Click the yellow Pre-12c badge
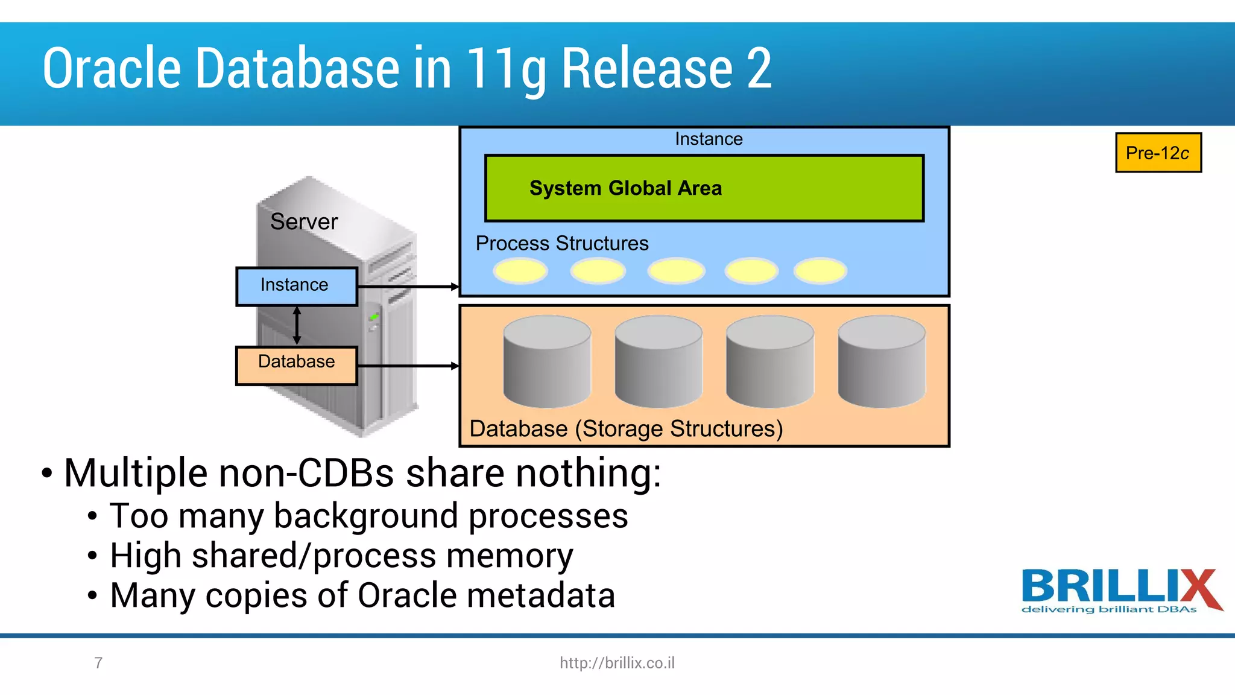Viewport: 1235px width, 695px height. tap(1158, 153)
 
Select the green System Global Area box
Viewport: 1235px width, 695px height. tap(704, 188)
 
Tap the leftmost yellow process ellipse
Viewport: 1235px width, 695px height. tap(520, 271)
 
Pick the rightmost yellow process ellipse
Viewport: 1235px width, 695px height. tap(820, 271)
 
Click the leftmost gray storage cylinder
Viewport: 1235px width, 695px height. tap(547, 362)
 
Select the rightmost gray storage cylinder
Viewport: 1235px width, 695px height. tap(882, 362)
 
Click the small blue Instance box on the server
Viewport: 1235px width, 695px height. tap(296, 286)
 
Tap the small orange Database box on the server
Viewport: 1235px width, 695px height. tap(296, 365)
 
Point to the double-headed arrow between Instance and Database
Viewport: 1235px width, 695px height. tap(297, 326)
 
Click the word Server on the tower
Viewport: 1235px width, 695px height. tap(304, 221)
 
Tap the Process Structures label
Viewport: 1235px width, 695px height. tap(561, 243)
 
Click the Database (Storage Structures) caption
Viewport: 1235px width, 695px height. tap(626, 429)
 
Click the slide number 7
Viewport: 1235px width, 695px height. tap(98, 663)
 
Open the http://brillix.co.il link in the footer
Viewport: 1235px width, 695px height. tap(617, 663)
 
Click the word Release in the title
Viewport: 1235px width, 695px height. tap(647, 69)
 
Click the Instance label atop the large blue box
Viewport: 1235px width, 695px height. tap(709, 139)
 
